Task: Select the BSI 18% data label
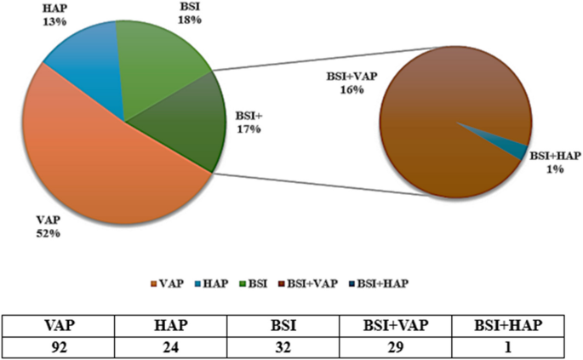[x=190, y=14]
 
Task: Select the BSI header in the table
[x=291, y=325]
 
